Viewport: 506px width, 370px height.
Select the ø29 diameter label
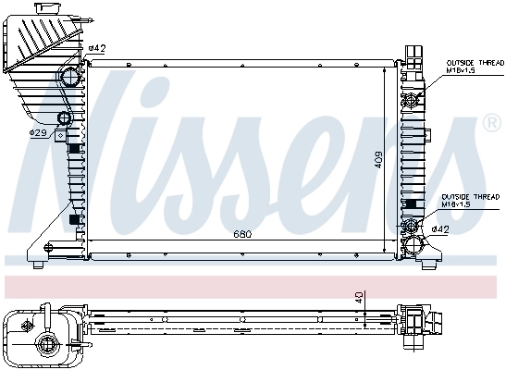point(38,134)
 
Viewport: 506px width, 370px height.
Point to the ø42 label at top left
point(97,48)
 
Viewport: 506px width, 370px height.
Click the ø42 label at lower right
point(440,228)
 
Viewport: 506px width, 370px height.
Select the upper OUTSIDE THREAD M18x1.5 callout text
point(470,64)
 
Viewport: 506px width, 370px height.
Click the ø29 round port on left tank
point(65,118)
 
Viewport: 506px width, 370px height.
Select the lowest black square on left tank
point(73,220)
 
